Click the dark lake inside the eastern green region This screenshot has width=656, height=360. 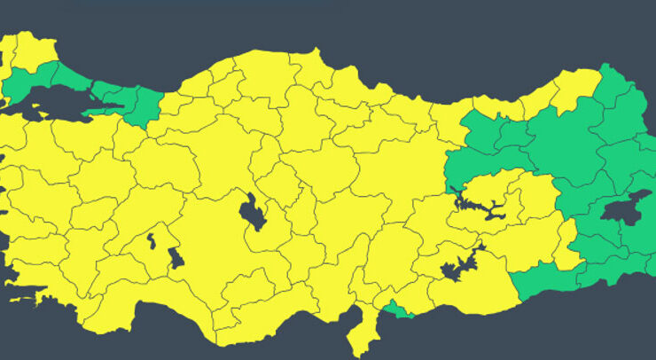(626, 207)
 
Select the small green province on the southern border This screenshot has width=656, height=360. (398, 309)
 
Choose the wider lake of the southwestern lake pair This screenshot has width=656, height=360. (176, 258)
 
